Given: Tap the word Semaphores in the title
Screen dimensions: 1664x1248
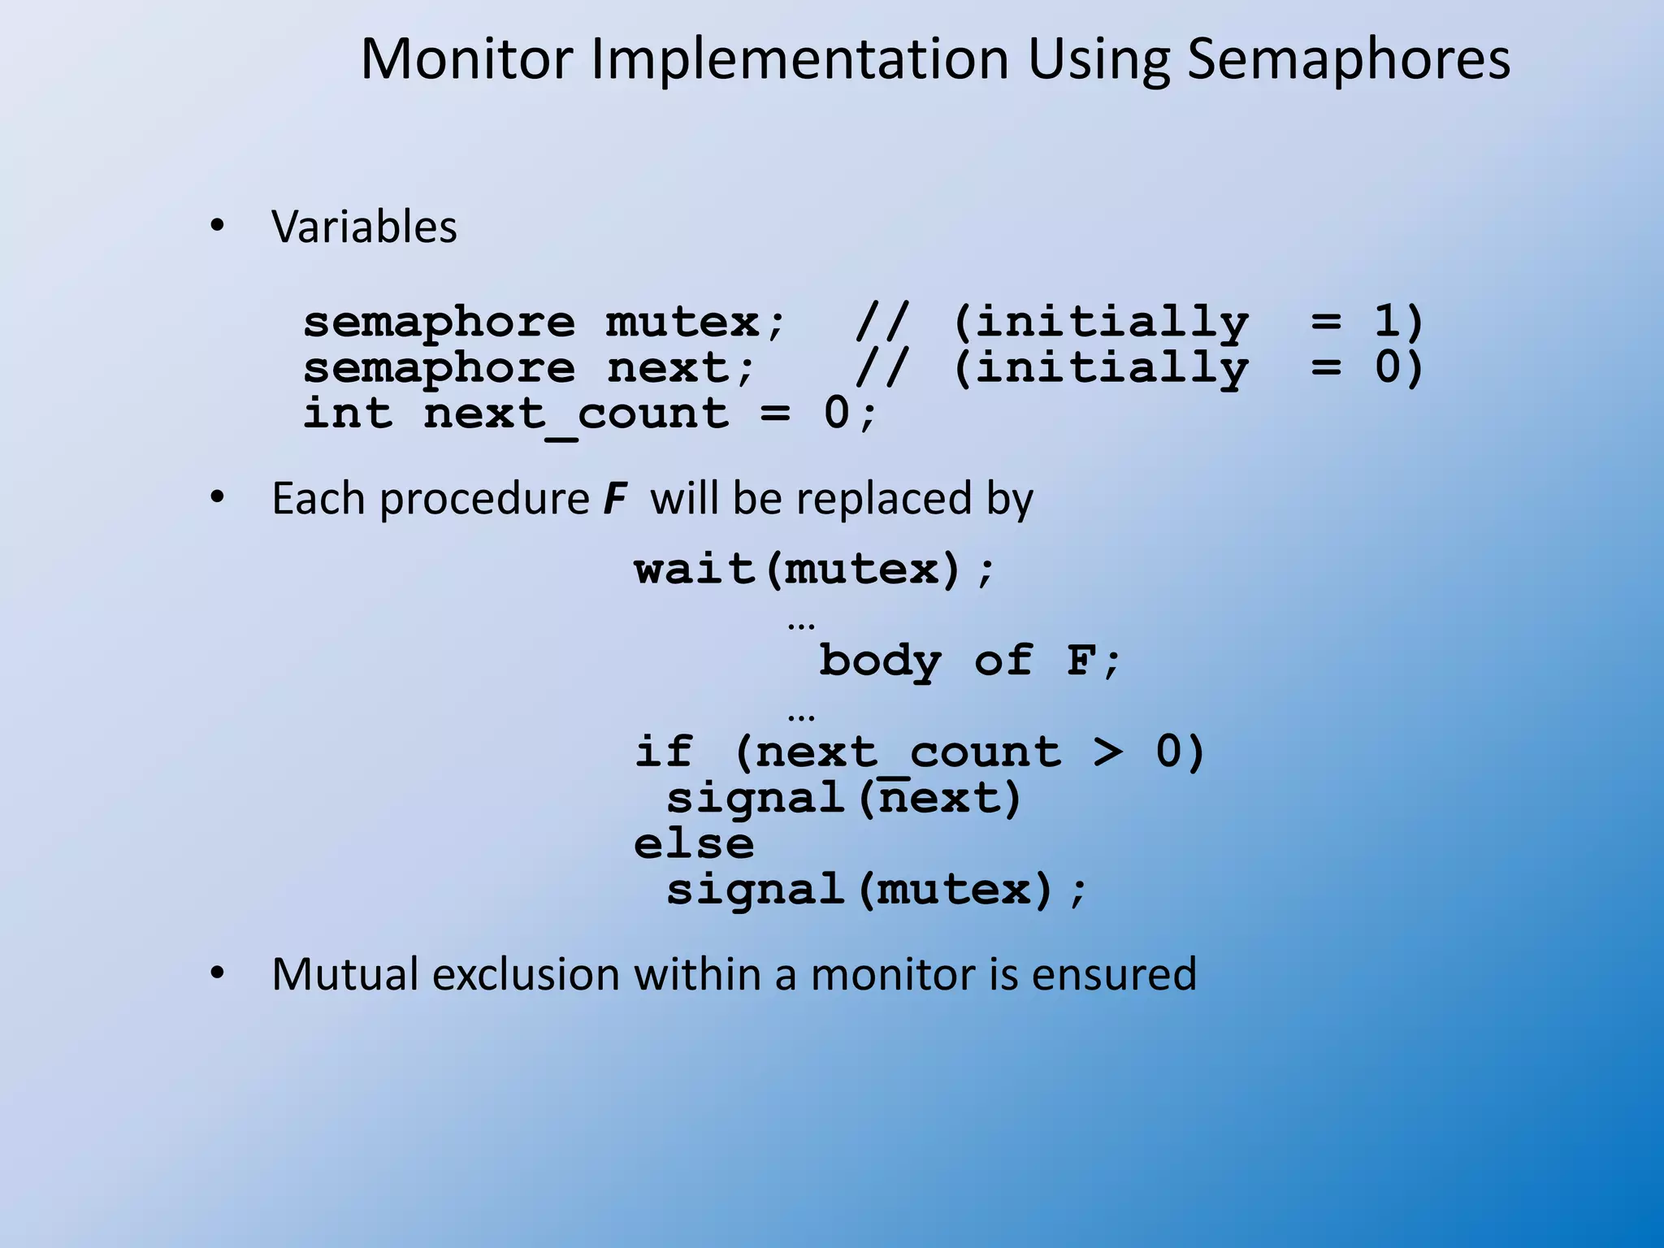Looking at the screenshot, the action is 1348,60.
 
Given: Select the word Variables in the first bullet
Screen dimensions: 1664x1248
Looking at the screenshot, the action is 364,227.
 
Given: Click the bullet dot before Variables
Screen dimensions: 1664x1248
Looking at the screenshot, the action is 216,227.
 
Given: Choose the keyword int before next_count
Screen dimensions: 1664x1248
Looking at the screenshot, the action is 348,413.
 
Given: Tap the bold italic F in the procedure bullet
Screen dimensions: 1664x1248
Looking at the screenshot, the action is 615,499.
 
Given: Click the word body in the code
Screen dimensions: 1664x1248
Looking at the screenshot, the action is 880,661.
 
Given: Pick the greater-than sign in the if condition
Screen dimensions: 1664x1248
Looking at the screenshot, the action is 1108,752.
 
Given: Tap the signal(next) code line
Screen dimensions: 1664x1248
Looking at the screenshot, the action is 843,798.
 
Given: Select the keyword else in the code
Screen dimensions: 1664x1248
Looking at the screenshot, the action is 694,843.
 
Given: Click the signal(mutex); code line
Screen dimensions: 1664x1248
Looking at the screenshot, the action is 876,890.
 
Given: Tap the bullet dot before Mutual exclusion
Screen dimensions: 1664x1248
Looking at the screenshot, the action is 216,974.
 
